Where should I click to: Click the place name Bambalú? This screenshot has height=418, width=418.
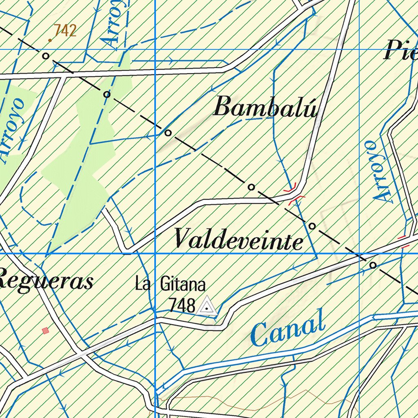265,108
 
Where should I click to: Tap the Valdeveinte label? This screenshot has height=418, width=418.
239,239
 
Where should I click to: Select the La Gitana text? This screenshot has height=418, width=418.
170,284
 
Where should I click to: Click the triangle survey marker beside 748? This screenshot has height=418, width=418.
207,307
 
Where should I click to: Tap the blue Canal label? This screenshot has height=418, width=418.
288,329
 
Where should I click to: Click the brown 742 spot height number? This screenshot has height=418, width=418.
65,31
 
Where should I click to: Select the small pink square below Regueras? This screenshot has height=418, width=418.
45,330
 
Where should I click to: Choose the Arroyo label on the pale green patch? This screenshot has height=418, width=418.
15,131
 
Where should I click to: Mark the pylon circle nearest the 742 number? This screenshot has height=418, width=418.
46,55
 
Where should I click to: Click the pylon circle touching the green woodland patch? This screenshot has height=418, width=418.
107,94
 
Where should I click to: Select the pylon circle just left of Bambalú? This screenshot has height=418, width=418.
168,133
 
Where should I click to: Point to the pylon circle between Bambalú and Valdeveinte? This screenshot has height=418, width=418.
251,187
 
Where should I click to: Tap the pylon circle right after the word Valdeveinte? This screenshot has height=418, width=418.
312,226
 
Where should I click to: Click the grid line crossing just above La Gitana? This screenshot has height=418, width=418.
156,253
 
